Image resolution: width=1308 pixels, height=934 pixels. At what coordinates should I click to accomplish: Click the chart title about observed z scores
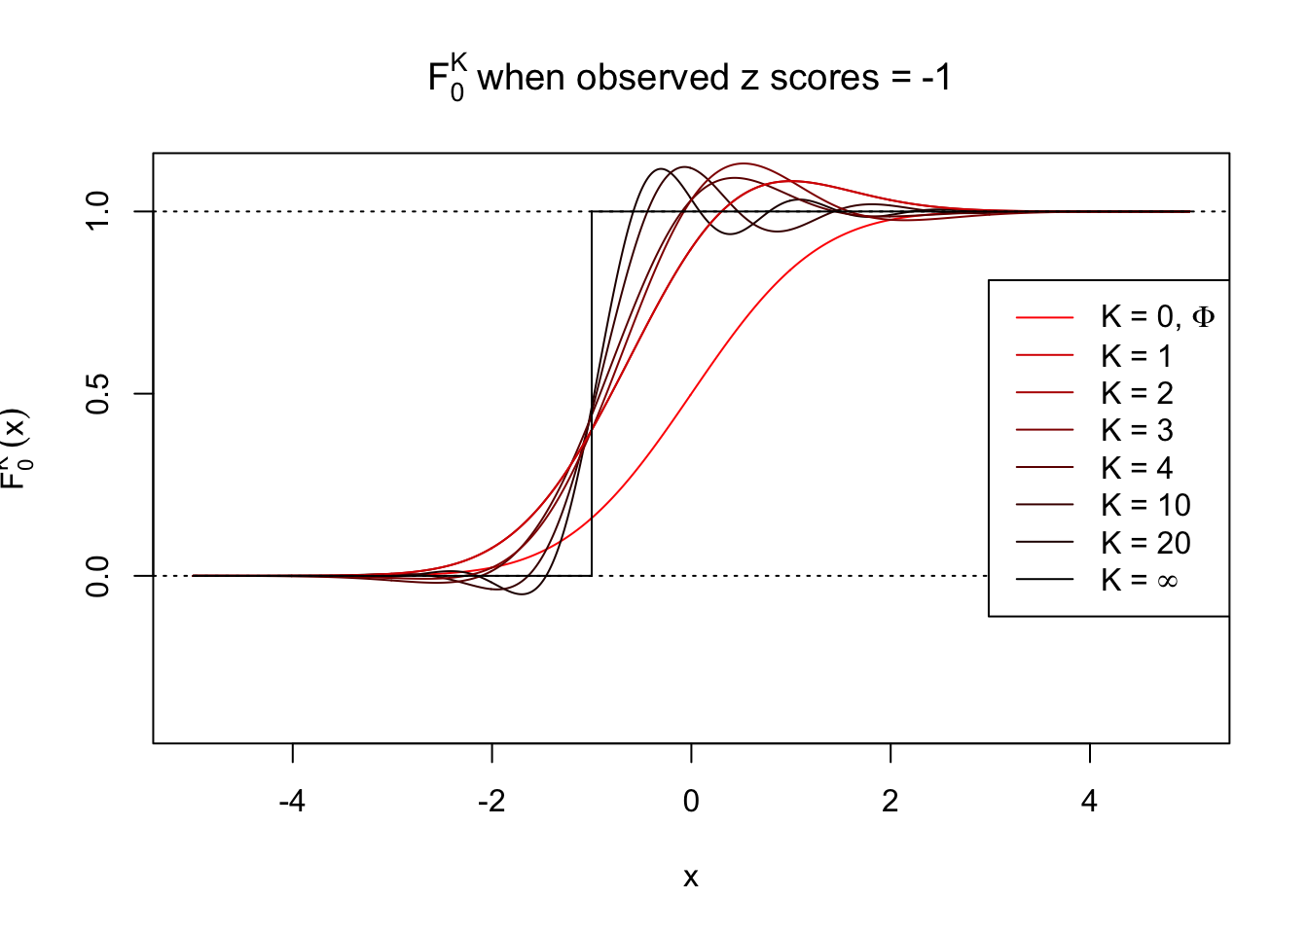click(689, 78)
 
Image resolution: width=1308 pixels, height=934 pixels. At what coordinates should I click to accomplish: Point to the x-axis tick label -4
click(292, 802)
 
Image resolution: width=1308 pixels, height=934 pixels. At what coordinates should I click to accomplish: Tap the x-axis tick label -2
click(491, 802)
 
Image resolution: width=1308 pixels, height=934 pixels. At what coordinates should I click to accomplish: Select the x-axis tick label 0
click(691, 802)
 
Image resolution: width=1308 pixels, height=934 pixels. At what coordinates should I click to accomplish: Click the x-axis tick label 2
click(890, 802)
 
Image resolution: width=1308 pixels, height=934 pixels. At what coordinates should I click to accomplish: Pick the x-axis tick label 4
click(1089, 802)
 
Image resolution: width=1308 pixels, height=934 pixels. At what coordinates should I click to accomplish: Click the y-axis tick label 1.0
click(97, 211)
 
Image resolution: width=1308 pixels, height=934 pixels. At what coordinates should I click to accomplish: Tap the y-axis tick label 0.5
click(97, 393)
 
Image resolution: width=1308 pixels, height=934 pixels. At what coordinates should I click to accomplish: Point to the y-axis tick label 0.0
click(97, 576)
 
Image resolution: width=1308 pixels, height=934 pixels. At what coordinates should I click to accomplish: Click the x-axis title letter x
click(691, 878)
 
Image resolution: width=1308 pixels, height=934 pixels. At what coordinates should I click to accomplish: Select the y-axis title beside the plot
click(16, 448)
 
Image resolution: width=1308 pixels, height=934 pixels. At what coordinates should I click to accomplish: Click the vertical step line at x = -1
click(592, 292)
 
